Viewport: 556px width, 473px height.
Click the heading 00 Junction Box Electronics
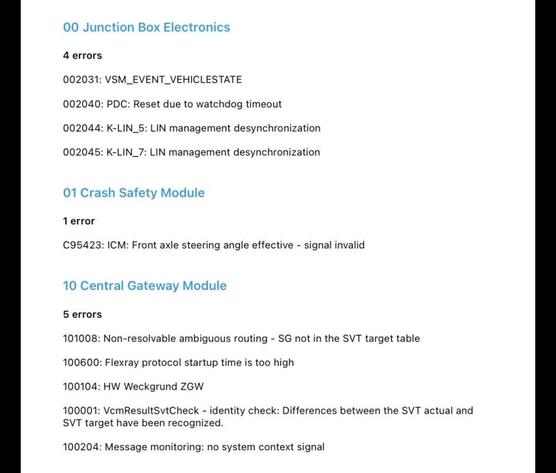pyautogui.click(x=146, y=27)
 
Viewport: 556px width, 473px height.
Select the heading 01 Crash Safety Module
pyautogui.click(x=134, y=193)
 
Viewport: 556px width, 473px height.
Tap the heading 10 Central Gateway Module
pyautogui.click(x=144, y=286)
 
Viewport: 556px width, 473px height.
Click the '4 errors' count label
pyautogui.click(x=82, y=55)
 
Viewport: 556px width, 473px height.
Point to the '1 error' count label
pyautogui.click(x=79, y=221)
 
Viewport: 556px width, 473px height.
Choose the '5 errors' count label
pyautogui.click(x=82, y=314)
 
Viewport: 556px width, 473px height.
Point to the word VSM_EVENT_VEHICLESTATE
pyautogui.click(x=173, y=80)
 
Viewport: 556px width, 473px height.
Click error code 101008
pyautogui.click(x=80, y=339)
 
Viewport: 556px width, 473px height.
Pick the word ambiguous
pyautogui.click(x=192, y=339)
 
